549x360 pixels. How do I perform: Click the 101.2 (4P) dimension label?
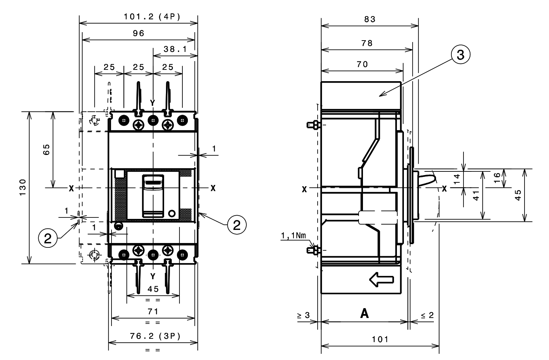pyautogui.click(x=152, y=17)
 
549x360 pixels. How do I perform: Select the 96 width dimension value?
pyautogui.click(x=139, y=33)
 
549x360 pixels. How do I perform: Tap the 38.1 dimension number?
pyautogui.click(x=175, y=49)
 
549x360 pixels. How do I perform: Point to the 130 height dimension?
pyautogui.click(x=23, y=187)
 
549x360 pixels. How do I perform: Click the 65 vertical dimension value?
pyautogui.click(x=46, y=149)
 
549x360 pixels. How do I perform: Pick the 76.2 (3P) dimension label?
pyautogui.click(x=155, y=336)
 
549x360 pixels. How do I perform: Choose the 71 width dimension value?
pyautogui.click(x=153, y=312)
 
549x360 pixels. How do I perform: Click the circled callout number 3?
pyautogui.click(x=461, y=55)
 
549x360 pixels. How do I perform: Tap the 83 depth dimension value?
pyautogui.click(x=370, y=19)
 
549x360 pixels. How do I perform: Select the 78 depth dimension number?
pyautogui.click(x=367, y=43)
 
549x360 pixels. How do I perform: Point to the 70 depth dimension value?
pyautogui.click(x=362, y=64)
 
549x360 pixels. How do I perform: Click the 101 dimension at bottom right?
pyautogui.click(x=380, y=340)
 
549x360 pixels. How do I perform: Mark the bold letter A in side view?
pyautogui.click(x=364, y=314)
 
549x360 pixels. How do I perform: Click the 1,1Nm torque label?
pyautogui.click(x=294, y=236)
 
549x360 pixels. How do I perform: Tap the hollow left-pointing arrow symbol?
pyautogui.click(x=381, y=280)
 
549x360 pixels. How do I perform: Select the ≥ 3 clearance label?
pyautogui.click(x=303, y=315)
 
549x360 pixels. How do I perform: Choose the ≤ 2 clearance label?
pyautogui.click(x=427, y=315)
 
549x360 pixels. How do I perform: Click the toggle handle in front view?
pyautogui.click(x=153, y=196)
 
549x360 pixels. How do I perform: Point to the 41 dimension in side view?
pyautogui.click(x=476, y=195)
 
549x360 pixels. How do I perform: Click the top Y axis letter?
pyautogui.click(x=152, y=103)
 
